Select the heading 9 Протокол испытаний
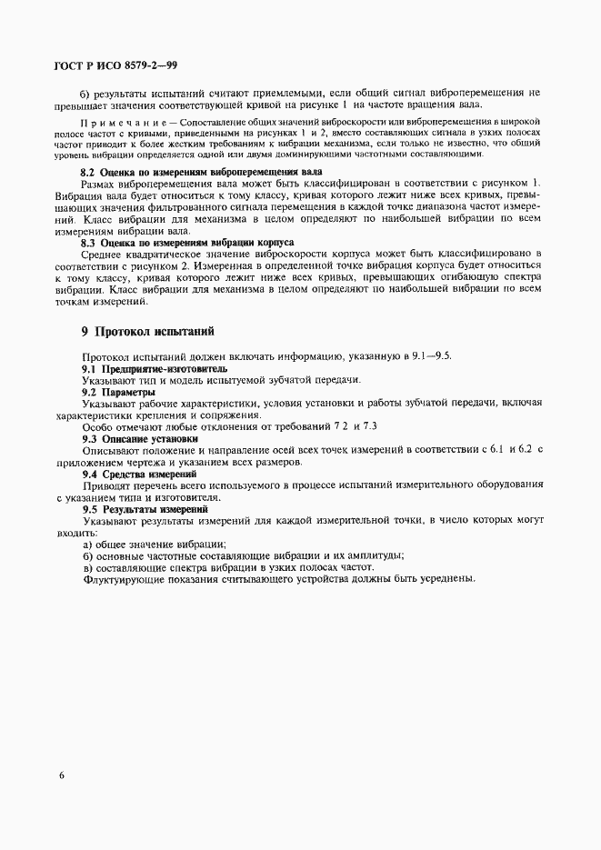click(x=146, y=331)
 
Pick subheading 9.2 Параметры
click(x=118, y=391)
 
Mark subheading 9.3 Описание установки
click(x=141, y=437)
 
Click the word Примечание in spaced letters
click(x=123, y=121)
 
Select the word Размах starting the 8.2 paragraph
click(x=100, y=185)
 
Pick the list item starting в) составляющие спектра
click(x=227, y=568)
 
